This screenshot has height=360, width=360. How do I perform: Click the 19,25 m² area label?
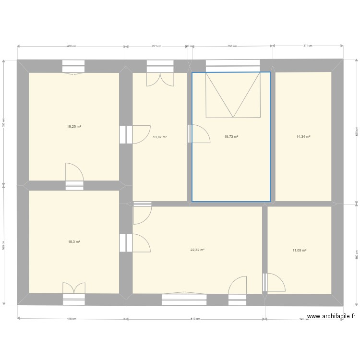74,127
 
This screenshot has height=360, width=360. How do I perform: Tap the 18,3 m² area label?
74,241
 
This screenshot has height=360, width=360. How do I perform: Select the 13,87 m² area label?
160,137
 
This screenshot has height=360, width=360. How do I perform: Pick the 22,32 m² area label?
197,250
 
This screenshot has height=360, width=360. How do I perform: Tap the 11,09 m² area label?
300,250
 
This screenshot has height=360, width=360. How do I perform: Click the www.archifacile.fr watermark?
331,316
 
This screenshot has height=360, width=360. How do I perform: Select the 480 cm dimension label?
71,47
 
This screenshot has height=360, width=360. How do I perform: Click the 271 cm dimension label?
156,47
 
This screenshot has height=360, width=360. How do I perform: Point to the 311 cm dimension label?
308,46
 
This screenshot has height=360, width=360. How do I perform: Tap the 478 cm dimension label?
71,319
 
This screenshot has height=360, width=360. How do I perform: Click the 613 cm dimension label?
195,319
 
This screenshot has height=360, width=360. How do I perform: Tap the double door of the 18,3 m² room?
74,288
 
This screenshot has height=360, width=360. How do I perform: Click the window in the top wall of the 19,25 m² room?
74,66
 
